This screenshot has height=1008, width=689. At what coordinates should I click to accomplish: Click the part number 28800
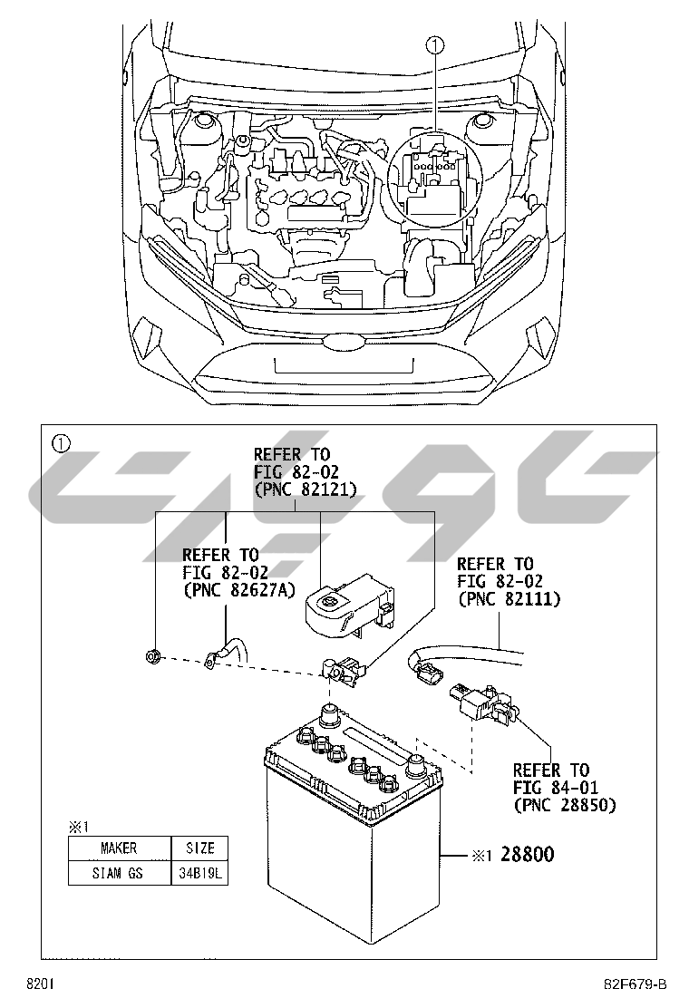click(x=528, y=855)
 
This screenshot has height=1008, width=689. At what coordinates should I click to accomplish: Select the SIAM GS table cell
click(x=119, y=873)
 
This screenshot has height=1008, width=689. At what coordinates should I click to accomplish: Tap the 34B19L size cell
click(x=199, y=873)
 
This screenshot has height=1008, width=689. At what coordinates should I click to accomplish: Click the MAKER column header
click(x=119, y=848)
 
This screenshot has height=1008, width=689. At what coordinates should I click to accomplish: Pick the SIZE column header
click(x=199, y=848)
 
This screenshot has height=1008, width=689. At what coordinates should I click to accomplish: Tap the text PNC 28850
click(x=564, y=805)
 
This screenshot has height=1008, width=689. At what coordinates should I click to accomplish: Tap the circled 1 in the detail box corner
click(x=61, y=444)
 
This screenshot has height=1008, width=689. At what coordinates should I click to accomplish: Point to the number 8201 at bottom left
click(x=40, y=984)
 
